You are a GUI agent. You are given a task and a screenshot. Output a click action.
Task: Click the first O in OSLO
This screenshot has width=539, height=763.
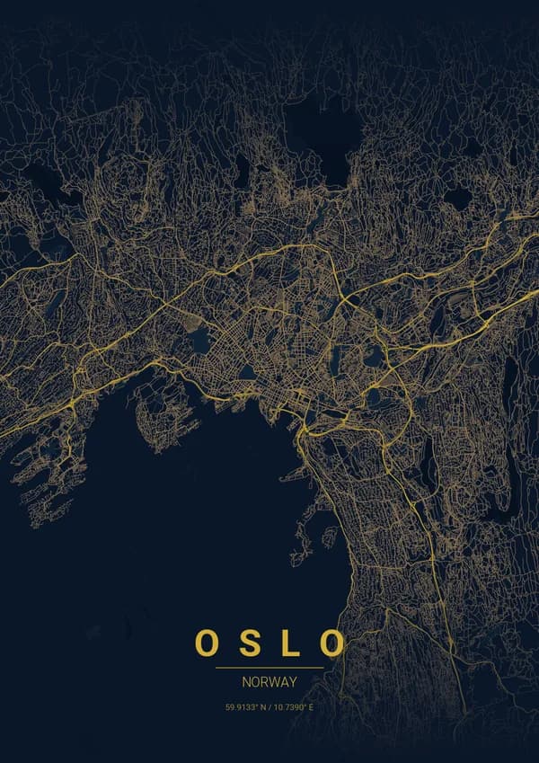pyautogui.click(x=206, y=643)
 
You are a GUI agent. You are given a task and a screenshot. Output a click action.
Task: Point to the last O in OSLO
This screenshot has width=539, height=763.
pyautogui.click(x=333, y=643)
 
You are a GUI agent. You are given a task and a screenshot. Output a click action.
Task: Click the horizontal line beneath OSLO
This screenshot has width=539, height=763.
pyautogui.click(x=269, y=668)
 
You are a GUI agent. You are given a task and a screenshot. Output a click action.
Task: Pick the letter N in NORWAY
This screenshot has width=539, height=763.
pyautogui.click(x=246, y=682)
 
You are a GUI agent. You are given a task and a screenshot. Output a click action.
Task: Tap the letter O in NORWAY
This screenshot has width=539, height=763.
pyautogui.click(x=255, y=682)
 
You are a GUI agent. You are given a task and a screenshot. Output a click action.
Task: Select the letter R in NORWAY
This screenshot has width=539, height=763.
pyautogui.click(x=264, y=682)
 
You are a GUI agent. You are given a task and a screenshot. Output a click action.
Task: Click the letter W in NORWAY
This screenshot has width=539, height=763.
pyautogui.click(x=274, y=682)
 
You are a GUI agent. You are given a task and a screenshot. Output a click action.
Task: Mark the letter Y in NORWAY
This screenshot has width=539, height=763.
pyautogui.click(x=293, y=682)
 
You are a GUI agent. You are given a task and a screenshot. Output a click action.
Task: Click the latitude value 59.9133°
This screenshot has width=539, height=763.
pyautogui.click(x=242, y=708)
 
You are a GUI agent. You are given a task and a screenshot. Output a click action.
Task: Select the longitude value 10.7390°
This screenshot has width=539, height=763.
pyautogui.click(x=288, y=708)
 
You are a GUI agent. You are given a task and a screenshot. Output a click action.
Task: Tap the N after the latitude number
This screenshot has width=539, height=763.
pyautogui.click(x=261, y=708)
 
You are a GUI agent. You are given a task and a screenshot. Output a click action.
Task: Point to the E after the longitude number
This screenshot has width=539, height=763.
pyautogui.click(x=310, y=708)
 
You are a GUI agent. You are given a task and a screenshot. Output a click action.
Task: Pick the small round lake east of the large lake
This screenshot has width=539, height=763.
pyautogui.click(x=458, y=198)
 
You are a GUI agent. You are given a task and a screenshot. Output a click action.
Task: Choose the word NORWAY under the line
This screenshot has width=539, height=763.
pyautogui.click(x=269, y=682)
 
